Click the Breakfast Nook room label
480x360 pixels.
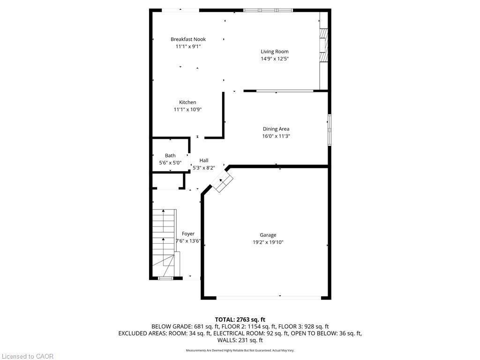pos(188,39)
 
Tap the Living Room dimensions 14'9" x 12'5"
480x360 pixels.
pos(275,59)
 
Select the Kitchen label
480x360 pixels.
pos(187,102)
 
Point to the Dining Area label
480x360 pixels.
pos(276,129)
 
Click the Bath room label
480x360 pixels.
pos(170,156)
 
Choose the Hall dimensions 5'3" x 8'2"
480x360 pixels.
pos(204,168)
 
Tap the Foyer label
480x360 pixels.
pos(188,234)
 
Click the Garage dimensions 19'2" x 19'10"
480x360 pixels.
pos(268,242)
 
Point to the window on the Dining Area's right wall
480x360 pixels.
pos(329,129)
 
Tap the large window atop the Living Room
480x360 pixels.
pos(268,10)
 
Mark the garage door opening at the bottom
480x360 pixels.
pos(268,297)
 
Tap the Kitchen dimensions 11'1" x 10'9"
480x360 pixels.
pos(187,110)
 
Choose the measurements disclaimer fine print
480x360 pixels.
pos(240,350)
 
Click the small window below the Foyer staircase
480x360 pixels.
pos(165,278)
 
